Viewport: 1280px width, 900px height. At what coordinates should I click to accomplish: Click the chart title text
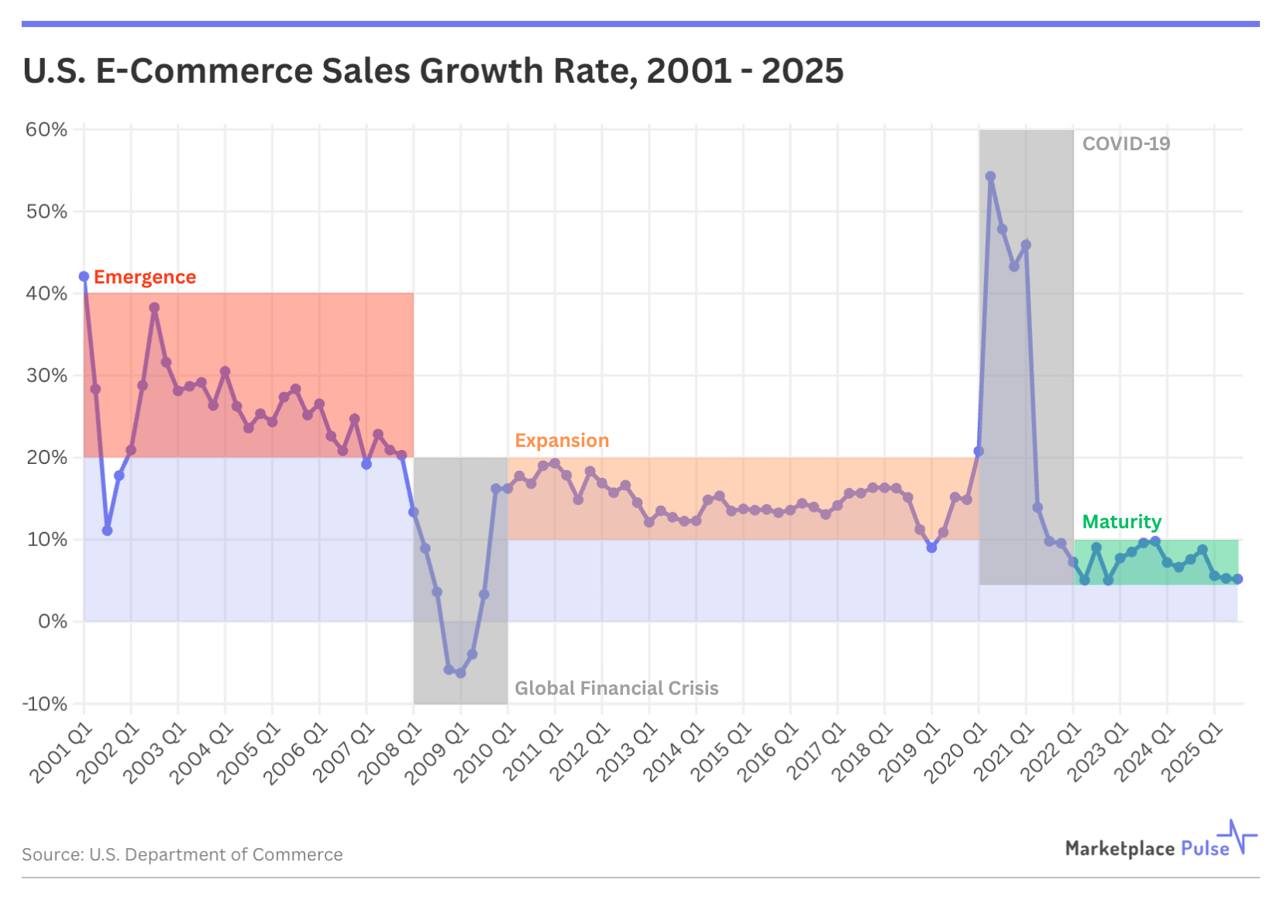(433, 71)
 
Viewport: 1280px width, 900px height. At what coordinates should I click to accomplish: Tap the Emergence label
(145, 277)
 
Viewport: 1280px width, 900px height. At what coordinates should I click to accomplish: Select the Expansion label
(562, 441)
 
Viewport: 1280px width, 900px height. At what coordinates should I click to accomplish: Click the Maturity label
(1121, 522)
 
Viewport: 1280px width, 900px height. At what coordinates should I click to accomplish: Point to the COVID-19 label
(1126, 144)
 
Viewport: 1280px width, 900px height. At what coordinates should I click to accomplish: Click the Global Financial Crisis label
(616, 689)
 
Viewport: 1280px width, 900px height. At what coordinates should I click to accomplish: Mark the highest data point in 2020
(990, 177)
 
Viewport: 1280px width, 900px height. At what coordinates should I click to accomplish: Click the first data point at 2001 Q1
(84, 277)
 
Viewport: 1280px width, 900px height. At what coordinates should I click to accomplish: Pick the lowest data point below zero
(460, 673)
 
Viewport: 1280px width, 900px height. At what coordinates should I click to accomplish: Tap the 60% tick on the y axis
(46, 129)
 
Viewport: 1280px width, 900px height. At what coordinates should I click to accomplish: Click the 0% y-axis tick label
(53, 622)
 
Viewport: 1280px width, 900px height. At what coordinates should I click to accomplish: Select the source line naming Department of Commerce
(182, 854)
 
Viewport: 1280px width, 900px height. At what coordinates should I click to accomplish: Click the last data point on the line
(1237, 579)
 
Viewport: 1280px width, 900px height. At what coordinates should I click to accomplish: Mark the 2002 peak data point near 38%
(154, 307)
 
